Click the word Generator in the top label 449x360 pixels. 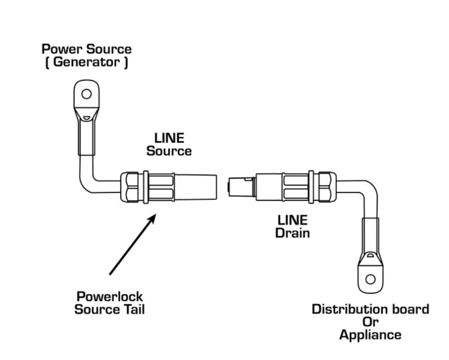pos(87,62)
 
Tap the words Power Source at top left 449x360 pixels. pos(87,48)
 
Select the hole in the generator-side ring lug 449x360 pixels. pos(87,94)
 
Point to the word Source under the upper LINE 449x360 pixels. pos(169,151)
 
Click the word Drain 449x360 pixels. pos(292,233)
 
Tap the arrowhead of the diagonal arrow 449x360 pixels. pos(153,218)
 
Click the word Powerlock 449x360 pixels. pos(110,297)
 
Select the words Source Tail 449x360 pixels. pos(110,310)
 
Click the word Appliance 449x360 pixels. pos(370,335)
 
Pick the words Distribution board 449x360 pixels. pos(370,309)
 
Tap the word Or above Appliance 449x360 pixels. pos(370,322)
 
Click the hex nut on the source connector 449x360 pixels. pos(130,187)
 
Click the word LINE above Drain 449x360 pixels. pos(292,220)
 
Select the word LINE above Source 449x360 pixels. pos(169,138)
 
